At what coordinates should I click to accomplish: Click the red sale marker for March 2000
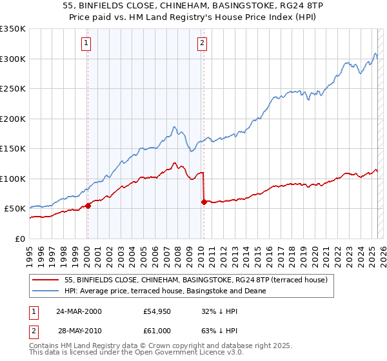(x=88, y=206)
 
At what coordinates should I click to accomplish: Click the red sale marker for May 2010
(x=204, y=202)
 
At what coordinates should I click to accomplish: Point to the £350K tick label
(x=13, y=29)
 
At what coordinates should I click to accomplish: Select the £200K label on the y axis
(x=13, y=119)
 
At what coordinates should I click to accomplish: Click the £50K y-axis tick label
(x=15, y=209)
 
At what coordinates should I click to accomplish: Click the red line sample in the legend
(x=46, y=280)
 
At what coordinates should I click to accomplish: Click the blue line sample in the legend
(x=46, y=291)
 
